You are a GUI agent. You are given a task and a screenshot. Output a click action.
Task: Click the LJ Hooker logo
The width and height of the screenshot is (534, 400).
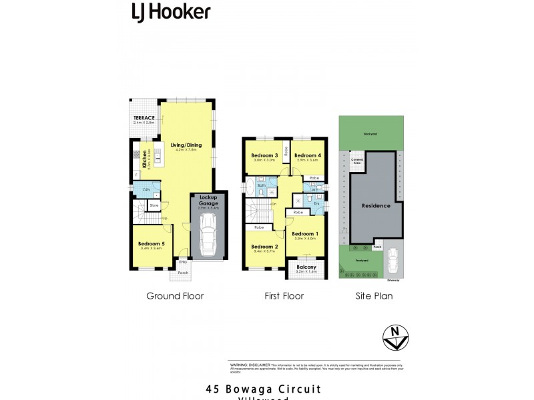pos(171,11)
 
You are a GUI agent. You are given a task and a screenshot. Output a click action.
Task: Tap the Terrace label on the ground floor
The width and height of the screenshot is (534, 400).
pos(144,118)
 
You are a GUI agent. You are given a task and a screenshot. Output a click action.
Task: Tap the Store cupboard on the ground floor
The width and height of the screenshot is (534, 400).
pos(154,206)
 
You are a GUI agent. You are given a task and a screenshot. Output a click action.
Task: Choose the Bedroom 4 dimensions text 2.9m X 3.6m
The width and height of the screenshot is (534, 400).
pos(308,160)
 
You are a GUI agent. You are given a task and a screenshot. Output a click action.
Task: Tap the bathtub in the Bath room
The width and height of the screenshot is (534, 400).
pos(250,185)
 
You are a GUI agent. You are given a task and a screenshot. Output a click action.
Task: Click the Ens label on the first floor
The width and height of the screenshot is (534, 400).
pos(317,203)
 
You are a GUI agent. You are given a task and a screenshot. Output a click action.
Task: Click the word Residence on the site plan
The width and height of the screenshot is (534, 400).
pos(376,205)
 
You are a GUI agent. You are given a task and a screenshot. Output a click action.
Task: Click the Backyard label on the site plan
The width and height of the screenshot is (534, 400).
pos(370,134)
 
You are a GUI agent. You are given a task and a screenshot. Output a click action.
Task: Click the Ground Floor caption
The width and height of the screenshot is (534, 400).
pos(175,296)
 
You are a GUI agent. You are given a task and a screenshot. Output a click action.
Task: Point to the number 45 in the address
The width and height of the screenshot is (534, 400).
pos(213,389)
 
